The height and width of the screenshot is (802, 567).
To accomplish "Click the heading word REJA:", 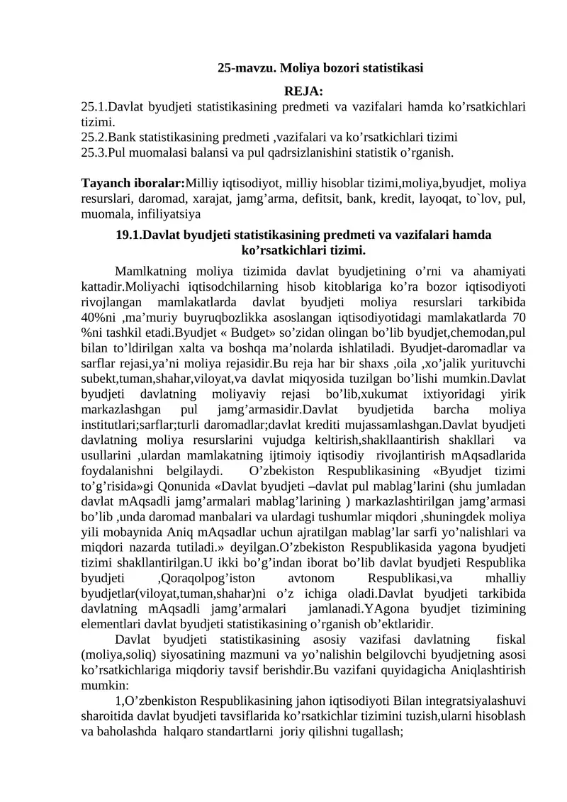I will coord(303,91).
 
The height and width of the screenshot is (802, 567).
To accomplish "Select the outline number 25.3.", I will coord(94,152).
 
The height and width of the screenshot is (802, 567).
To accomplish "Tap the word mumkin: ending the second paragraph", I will coord(104,686).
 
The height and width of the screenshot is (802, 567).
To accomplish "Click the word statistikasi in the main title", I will coord(393,68).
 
